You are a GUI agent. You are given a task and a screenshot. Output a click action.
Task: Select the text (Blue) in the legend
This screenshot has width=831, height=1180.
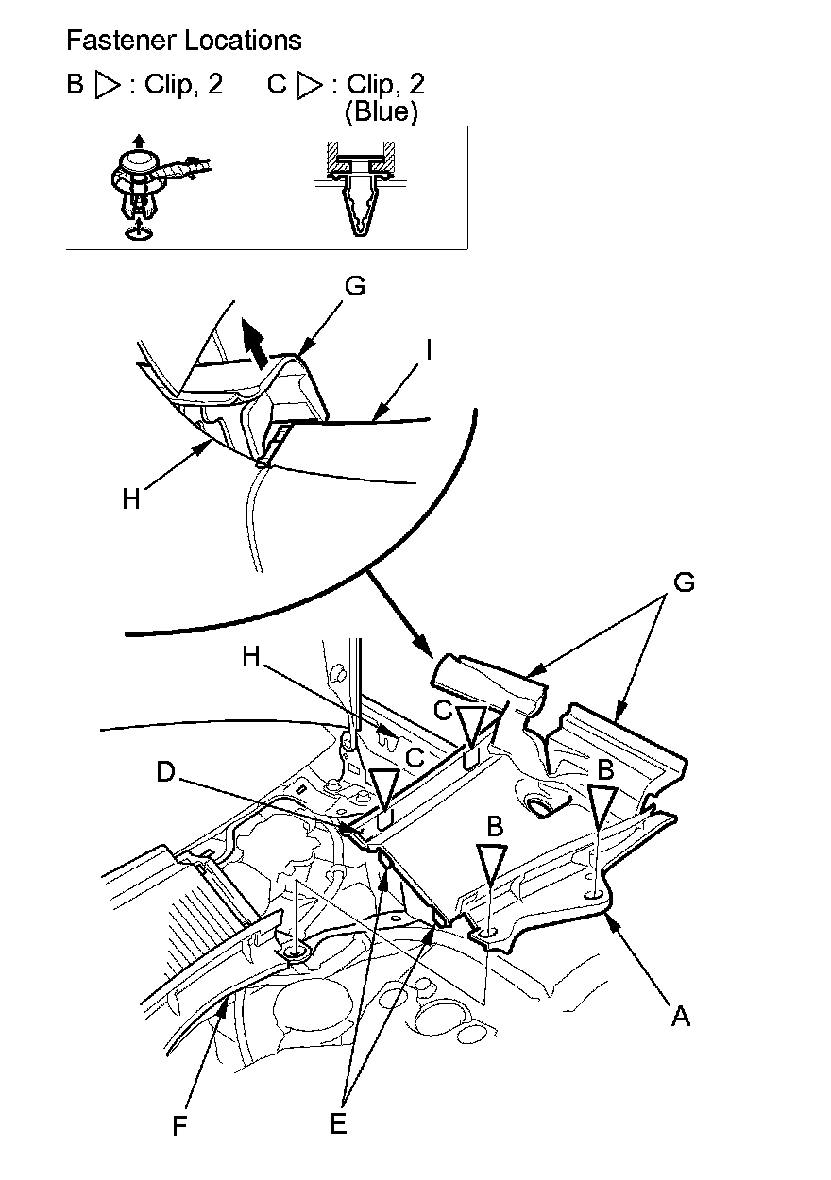[381, 111]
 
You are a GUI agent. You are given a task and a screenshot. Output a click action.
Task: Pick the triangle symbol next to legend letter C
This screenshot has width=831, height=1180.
[309, 85]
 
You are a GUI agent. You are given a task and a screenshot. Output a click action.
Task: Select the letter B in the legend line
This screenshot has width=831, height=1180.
[75, 85]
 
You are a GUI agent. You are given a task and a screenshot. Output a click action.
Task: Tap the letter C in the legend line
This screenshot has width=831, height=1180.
[277, 85]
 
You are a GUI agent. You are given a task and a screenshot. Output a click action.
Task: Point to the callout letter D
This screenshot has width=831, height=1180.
[167, 771]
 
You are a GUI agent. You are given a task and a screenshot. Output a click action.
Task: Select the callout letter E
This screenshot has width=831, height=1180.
[338, 1123]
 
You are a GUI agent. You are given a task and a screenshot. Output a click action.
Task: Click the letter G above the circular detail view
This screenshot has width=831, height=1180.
[355, 286]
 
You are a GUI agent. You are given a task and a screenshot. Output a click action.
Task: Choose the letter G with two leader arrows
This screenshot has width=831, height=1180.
[684, 582]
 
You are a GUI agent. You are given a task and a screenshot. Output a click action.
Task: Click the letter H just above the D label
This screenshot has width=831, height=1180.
[251, 658]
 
